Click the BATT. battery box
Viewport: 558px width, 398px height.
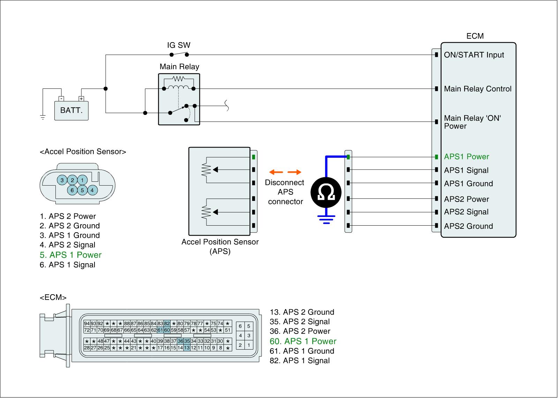71,111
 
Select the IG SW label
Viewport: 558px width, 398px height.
179,45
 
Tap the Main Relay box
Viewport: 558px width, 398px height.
179,99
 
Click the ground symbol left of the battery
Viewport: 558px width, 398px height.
43,117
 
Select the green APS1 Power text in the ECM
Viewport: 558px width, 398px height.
466,157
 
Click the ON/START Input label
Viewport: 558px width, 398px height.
474,55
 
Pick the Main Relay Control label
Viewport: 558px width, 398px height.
477,89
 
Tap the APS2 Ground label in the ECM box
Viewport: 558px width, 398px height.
468,226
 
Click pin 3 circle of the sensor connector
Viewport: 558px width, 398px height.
62,180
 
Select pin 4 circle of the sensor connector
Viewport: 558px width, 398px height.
92,190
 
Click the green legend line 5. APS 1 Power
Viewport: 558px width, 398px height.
70,255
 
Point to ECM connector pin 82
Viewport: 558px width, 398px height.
167,323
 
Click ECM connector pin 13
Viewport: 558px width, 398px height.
187,348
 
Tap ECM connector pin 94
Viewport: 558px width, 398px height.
87,323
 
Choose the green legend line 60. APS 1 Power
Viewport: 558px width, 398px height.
303,341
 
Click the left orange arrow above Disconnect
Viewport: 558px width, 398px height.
276,172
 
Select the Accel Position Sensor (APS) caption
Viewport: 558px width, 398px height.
220,247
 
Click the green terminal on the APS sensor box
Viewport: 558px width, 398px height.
254,157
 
